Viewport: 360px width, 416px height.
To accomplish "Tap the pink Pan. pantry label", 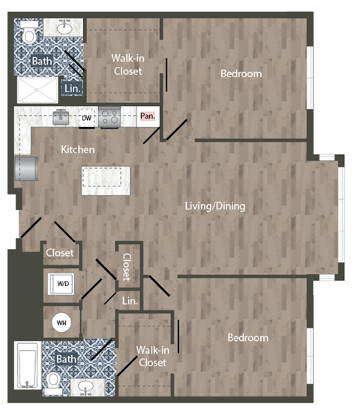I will click(x=148, y=116).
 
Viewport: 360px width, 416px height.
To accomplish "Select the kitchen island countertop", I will click(x=106, y=181).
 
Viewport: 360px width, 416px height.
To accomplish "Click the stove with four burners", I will click(x=109, y=117).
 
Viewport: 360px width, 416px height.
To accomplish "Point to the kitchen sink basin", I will click(x=62, y=116).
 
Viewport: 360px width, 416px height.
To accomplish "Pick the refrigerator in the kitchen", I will click(x=28, y=169).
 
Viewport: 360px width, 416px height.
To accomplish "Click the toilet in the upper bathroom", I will click(x=28, y=35).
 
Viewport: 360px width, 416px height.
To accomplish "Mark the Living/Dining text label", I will click(x=215, y=206).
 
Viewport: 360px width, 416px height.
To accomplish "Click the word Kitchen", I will click(x=78, y=149).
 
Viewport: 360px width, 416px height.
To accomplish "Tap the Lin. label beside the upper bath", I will click(x=73, y=88).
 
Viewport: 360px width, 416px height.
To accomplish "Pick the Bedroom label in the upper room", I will click(x=241, y=74).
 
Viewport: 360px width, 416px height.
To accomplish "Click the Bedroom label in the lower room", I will click(x=247, y=338).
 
